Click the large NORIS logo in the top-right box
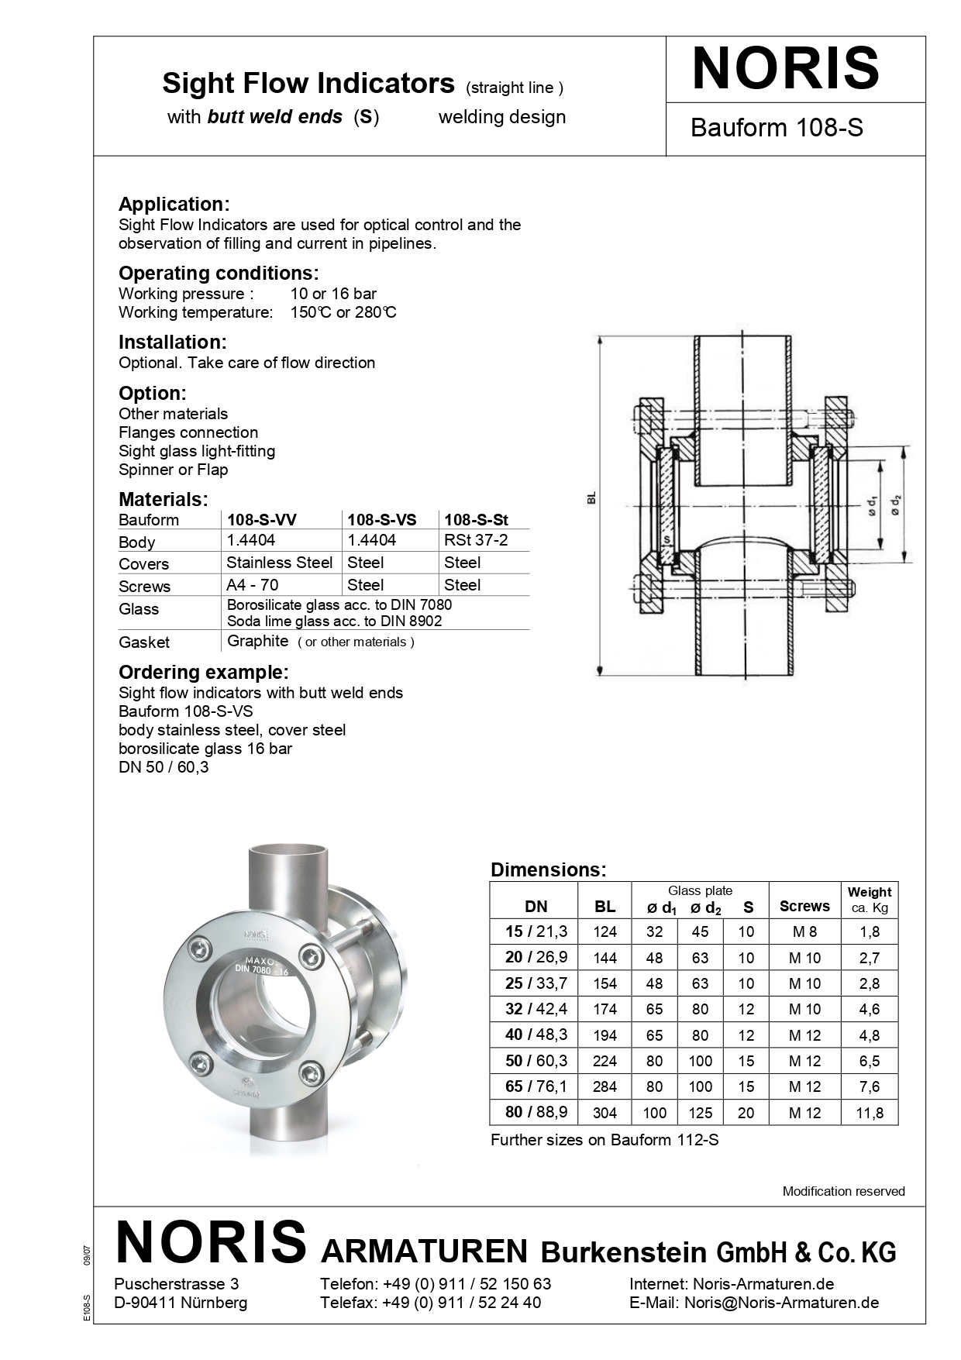click(x=786, y=69)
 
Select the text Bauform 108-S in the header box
click(x=777, y=128)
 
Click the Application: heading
click(x=174, y=205)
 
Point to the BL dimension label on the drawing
click(x=591, y=498)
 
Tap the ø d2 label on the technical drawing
click(x=896, y=506)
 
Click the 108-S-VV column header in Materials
click(x=261, y=520)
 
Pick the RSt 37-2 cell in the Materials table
click(x=476, y=540)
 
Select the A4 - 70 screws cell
click(x=252, y=585)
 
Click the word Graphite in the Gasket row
click(x=257, y=641)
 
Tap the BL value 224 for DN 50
click(x=604, y=1062)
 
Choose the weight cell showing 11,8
click(x=870, y=1113)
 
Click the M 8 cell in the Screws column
click(x=804, y=932)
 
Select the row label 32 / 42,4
click(x=536, y=1009)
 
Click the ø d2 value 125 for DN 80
click(x=700, y=1113)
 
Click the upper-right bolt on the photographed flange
click(x=312, y=956)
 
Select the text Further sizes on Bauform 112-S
click(x=604, y=1140)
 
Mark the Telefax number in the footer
click(x=462, y=1303)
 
